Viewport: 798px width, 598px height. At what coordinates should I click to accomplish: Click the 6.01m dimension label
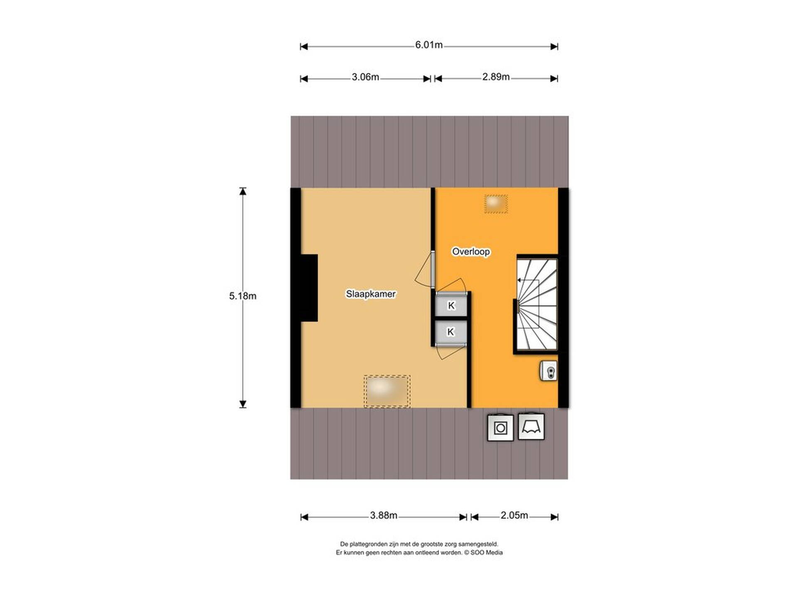[429, 45]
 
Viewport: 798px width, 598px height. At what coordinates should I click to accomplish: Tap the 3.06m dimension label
[365, 77]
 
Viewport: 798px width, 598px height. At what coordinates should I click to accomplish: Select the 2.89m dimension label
[496, 77]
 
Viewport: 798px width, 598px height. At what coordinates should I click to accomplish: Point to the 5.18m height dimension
[243, 296]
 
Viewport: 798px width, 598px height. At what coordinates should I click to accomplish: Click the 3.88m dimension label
[384, 515]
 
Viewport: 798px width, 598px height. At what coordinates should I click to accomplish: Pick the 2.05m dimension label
[514, 515]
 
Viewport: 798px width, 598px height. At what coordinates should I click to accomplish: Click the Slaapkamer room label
[371, 294]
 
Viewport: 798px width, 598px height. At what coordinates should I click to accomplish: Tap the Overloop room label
[471, 252]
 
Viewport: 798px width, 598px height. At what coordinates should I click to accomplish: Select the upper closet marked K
[451, 305]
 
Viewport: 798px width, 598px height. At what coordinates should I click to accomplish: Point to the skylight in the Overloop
[496, 204]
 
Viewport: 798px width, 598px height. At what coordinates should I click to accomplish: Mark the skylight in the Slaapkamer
[387, 391]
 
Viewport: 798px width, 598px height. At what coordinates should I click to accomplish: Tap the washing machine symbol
[500, 427]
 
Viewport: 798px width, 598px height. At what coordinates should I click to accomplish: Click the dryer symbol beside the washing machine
[532, 426]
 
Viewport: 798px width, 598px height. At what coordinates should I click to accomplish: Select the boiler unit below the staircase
[549, 371]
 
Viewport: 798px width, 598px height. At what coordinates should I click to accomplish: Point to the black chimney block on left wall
[309, 288]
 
